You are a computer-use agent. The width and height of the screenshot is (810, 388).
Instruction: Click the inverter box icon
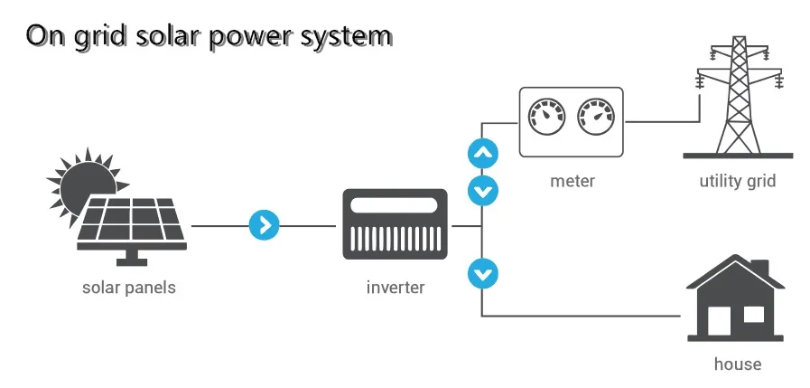(x=396, y=224)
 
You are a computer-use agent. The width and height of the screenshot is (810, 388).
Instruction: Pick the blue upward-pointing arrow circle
(x=483, y=153)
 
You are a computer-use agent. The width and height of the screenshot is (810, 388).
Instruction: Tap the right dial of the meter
(x=595, y=117)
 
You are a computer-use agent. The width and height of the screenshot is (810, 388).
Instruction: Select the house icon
(x=736, y=302)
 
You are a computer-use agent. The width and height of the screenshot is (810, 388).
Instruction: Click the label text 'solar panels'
(x=129, y=289)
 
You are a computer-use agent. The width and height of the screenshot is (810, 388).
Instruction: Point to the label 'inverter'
(x=396, y=289)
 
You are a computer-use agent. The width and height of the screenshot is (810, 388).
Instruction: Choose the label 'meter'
(x=573, y=181)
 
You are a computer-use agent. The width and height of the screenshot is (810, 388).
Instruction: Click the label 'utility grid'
(x=737, y=181)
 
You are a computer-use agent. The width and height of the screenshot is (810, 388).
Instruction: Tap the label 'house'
(x=737, y=364)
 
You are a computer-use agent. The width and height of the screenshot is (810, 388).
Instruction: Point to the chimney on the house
(x=760, y=270)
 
